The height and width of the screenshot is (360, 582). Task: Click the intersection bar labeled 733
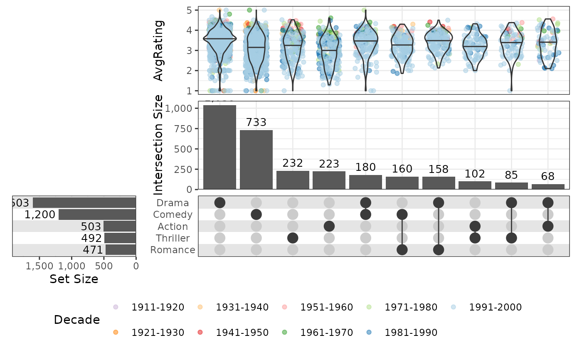click(x=256, y=160)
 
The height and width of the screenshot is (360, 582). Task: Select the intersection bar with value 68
click(x=548, y=187)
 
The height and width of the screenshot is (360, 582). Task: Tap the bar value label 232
click(x=293, y=163)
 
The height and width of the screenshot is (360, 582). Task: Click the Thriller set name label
click(x=173, y=238)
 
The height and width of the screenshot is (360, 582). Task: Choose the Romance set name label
click(x=173, y=250)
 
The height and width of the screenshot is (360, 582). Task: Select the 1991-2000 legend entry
click(x=495, y=308)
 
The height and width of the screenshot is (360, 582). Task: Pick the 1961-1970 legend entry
click(x=326, y=333)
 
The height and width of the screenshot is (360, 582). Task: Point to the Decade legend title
click(x=77, y=320)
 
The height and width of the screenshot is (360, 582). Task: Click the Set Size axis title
click(x=74, y=279)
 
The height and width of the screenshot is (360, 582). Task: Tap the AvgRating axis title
click(x=159, y=50)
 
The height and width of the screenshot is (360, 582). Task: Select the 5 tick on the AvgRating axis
click(x=189, y=10)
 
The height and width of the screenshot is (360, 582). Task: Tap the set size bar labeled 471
click(x=121, y=250)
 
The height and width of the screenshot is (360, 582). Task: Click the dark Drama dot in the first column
click(x=219, y=203)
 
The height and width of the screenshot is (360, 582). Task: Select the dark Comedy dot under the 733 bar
click(x=256, y=215)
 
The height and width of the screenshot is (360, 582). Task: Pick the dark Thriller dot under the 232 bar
click(x=293, y=238)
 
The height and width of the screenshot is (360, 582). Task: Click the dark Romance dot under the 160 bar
click(x=402, y=249)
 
